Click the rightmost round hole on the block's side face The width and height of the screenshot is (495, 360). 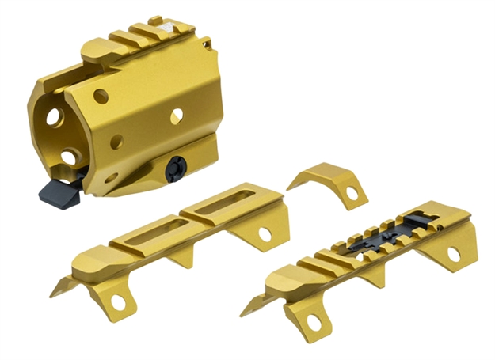pos(175,116)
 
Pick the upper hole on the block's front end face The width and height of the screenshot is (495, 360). pos(54,117)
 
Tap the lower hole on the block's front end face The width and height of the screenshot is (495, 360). pos(69,157)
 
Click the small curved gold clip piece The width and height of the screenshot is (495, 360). pos(326,180)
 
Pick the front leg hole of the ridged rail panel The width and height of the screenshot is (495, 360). pos(312,321)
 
